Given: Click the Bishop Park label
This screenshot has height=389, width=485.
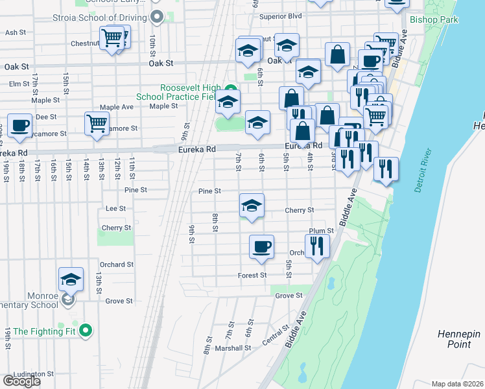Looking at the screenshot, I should [434, 19].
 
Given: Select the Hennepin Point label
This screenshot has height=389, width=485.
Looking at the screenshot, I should [458, 338].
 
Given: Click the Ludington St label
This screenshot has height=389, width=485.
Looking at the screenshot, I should [32, 374].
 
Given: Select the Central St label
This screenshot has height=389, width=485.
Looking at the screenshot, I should [275, 337].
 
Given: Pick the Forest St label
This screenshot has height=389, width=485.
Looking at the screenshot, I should [252, 276].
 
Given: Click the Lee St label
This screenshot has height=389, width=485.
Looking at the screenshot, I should [115, 209].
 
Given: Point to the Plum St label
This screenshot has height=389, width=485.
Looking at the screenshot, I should [321, 231].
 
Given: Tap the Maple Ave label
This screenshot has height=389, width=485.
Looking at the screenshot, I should [117, 107].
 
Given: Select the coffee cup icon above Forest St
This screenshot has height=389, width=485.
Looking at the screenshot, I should [261, 247].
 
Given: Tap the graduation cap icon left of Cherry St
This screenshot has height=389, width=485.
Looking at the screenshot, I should [252, 206].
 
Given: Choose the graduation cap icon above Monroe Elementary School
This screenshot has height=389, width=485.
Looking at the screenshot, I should [71, 279].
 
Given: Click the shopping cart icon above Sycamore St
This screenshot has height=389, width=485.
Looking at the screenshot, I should [97, 123].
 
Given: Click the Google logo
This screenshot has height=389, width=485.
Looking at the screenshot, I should [21, 381].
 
